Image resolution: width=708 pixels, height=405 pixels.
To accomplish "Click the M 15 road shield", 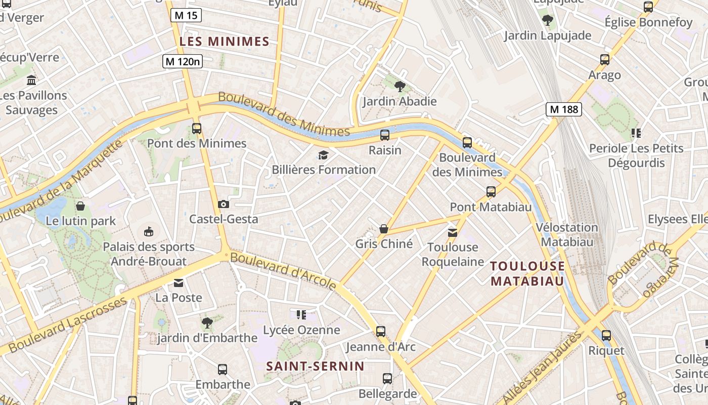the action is click(x=186, y=15).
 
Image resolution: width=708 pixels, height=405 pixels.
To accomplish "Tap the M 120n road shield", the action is click(x=183, y=62).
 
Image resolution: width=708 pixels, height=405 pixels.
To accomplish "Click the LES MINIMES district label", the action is click(x=225, y=42).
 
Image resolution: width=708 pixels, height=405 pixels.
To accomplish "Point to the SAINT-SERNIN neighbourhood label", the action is click(x=315, y=366).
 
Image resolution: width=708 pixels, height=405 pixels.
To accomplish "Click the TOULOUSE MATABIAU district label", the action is click(x=527, y=273).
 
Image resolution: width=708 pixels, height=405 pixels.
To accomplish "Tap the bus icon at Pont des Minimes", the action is click(x=197, y=129).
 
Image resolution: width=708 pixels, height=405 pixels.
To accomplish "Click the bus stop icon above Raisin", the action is click(x=385, y=135).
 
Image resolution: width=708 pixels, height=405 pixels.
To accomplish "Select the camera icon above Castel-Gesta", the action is click(x=223, y=204).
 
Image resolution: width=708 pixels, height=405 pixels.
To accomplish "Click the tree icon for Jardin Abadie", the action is click(x=400, y=86).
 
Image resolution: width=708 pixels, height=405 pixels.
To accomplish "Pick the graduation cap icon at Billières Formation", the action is click(x=323, y=155).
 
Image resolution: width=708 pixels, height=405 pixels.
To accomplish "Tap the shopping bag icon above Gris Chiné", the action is click(x=384, y=229).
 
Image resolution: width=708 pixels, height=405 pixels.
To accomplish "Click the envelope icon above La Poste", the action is click(x=179, y=282).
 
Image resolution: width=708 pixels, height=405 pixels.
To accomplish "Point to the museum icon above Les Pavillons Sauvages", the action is click(x=31, y=80).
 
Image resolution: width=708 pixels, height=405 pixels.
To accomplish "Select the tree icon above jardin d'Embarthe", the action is click(x=206, y=322).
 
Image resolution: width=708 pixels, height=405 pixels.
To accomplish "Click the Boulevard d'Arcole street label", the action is click(x=283, y=271).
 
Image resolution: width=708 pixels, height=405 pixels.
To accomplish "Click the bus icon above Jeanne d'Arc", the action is click(x=380, y=332).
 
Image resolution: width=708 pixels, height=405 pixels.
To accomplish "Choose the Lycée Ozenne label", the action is click(x=301, y=330).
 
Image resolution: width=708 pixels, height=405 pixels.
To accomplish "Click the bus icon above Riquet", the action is click(x=606, y=335).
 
